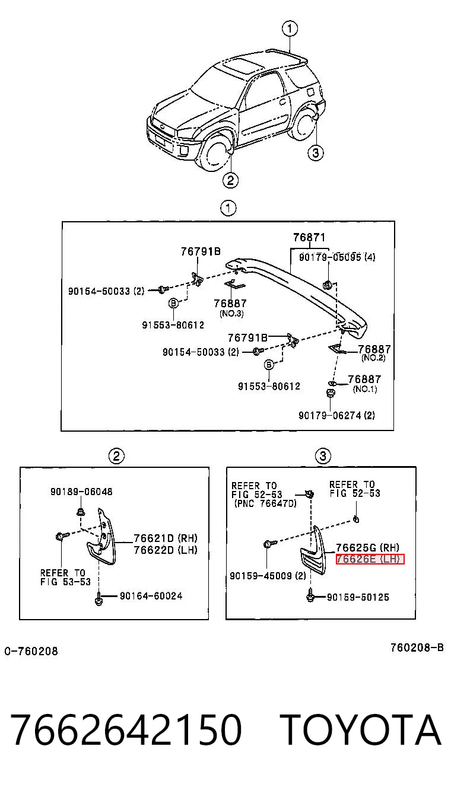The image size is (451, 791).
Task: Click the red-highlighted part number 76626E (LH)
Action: [370, 559]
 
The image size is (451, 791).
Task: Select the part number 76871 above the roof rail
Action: [309, 237]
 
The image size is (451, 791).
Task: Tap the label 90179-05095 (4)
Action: [337, 257]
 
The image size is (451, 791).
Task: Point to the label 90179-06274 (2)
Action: [336, 415]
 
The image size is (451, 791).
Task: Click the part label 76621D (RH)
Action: [166, 538]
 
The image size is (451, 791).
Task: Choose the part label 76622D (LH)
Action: [166, 550]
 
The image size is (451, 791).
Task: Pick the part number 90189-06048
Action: [81, 492]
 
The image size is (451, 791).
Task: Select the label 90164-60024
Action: [151, 596]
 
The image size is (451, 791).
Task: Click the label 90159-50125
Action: [358, 597]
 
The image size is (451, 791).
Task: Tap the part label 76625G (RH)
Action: [367, 548]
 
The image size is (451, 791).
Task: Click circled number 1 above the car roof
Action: [290, 28]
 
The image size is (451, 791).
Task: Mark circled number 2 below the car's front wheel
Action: [230, 180]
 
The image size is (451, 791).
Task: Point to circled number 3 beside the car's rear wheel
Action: [316, 153]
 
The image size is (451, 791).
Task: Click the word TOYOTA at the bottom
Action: [361, 730]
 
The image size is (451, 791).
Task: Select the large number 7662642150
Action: [126, 730]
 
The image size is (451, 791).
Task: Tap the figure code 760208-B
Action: [417, 648]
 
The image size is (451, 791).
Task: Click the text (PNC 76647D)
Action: [265, 503]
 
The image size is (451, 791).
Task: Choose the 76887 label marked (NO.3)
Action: [230, 304]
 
